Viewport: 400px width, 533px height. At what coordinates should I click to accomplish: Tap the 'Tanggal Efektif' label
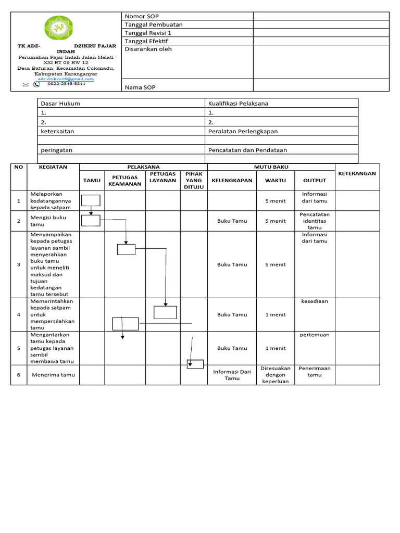pyautogui.click(x=146, y=41)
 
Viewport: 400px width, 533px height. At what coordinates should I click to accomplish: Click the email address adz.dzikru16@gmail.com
pyautogui.click(x=66, y=79)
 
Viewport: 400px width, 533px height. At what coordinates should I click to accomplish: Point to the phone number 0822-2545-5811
pyautogui.click(x=67, y=84)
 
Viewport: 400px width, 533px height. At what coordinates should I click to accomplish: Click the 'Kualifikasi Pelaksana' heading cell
pyautogui.click(x=238, y=104)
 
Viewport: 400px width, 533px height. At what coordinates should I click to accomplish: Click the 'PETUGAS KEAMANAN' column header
pyautogui.click(x=124, y=181)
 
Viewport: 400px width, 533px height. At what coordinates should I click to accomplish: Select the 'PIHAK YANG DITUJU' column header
pyautogui.click(x=194, y=180)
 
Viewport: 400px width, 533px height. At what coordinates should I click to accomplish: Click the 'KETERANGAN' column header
pyautogui.click(x=357, y=173)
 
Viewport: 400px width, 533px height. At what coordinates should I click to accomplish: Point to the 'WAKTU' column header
pyautogui.click(x=275, y=181)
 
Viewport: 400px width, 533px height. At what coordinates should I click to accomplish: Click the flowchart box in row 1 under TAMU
pyautogui.click(x=91, y=200)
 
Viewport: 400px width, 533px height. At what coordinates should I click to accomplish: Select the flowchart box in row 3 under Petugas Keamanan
pyautogui.click(x=126, y=249)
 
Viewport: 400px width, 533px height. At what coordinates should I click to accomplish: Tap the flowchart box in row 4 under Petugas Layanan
pyautogui.click(x=165, y=312)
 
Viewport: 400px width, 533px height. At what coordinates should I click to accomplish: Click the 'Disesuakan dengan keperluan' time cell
pyautogui.click(x=275, y=375)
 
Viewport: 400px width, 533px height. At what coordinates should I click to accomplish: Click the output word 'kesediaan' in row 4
pyautogui.click(x=315, y=301)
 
